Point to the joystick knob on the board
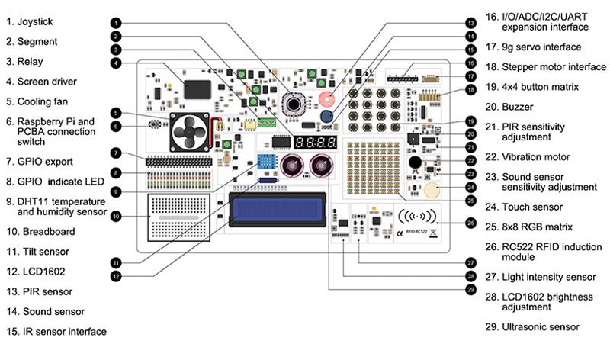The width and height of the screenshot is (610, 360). [293, 103]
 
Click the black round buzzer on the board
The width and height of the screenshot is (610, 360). [414, 162]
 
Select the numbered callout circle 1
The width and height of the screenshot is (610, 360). [114, 23]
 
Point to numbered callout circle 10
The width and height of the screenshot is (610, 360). [114, 217]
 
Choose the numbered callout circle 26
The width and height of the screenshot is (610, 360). [470, 223]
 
